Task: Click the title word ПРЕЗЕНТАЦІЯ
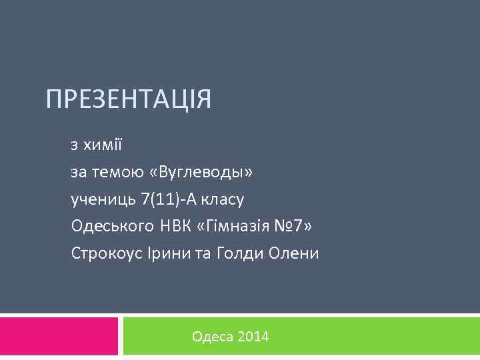[129, 100]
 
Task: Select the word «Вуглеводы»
[203, 173]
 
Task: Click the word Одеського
[113, 227]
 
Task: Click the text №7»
[293, 226]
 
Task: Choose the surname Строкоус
[104, 253]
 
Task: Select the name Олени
[293, 253]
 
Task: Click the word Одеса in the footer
[212, 337]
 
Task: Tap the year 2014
[253, 337]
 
